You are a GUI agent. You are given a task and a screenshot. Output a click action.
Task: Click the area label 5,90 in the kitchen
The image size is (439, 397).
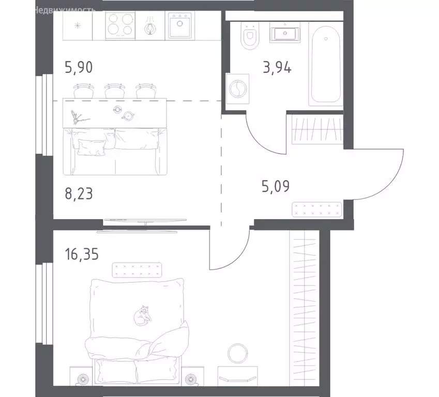tap(79, 68)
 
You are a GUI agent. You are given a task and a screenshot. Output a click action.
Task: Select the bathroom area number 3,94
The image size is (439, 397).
tap(277, 68)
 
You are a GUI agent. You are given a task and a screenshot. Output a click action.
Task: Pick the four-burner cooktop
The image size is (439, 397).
tap(120, 24)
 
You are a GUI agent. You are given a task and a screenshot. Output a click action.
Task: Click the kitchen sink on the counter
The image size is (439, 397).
tap(180, 24)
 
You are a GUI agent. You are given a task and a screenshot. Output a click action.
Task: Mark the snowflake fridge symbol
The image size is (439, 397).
tap(78, 25)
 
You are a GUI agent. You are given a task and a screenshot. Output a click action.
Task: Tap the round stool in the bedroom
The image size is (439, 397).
tap(238, 354)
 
